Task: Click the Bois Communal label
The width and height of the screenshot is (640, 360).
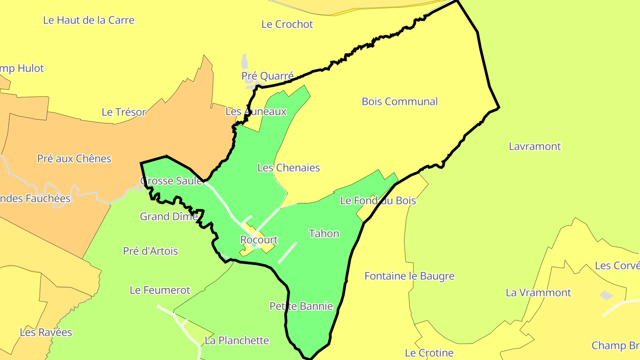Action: coord(400,101)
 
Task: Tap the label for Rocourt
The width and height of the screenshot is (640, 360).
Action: coord(259,240)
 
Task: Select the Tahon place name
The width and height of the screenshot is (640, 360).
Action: coord(324,233)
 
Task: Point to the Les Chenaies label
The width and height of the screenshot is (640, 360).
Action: coord(288,168)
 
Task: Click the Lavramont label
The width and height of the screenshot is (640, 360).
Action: coord(535,146)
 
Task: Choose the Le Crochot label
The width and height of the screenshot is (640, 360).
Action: coord(287,24)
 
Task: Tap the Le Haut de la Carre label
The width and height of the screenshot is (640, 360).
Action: coord(88,20)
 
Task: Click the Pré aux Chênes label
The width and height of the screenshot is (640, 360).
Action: coord(74,159)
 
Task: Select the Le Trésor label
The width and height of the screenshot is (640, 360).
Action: coord(124,112)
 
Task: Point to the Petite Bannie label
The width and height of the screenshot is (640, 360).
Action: coord(301,306)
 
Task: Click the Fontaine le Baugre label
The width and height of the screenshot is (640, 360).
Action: coord(409,276)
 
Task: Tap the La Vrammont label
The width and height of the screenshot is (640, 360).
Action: coord(538,292)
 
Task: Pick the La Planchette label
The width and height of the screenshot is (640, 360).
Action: coord(236,340)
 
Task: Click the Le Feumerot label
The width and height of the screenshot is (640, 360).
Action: coord(160,290)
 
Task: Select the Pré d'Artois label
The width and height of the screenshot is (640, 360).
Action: coord(150,251)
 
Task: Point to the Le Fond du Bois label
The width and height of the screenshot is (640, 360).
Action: coord(378,200)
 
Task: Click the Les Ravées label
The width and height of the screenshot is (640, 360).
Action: coord(46,332)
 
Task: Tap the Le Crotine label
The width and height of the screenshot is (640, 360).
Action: coord(429,353)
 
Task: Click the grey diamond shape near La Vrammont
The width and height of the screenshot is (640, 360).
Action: coord(606,295)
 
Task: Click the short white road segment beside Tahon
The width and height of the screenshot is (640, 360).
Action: coord(287,252)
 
